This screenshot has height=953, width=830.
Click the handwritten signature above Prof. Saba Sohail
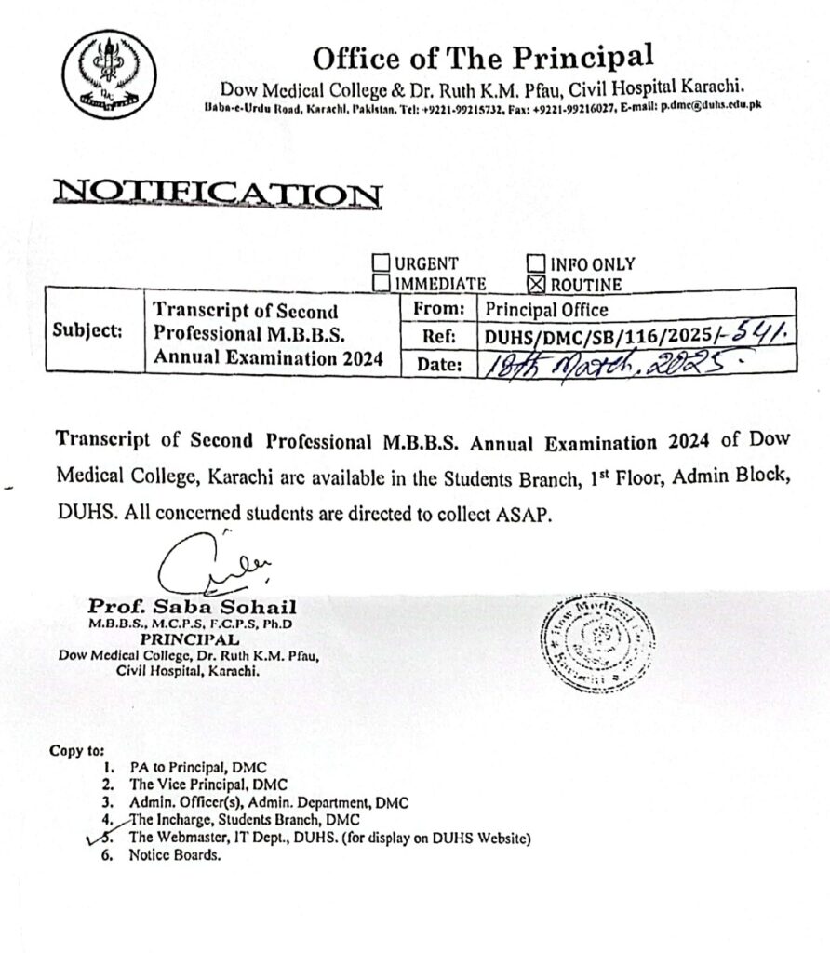(199, 565)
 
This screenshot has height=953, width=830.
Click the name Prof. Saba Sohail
(192, 607)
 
